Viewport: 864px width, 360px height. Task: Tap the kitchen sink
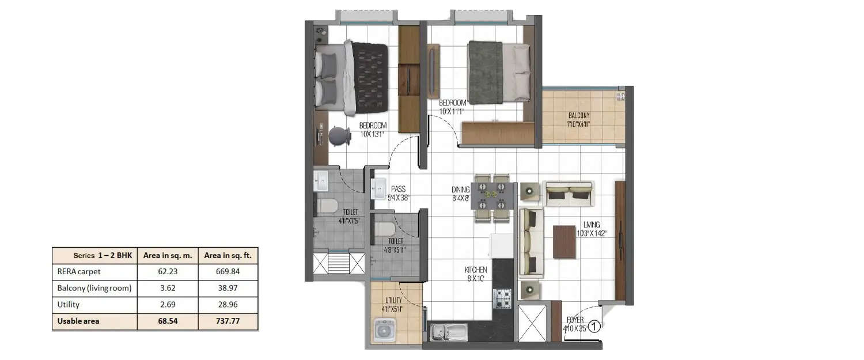click(448, 332)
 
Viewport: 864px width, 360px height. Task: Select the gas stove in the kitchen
click(502, 298)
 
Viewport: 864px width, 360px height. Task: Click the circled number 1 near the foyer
click(595, 327)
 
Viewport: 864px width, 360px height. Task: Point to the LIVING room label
click(591, 225)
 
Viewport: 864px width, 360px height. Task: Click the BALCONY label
click(579, 115)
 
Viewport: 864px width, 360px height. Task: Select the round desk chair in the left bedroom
click(340, 137)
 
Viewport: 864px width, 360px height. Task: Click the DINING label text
click(460, 190)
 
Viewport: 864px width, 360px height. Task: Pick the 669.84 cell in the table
click(228, 272)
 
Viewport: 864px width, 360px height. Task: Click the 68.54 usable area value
click(168, 321)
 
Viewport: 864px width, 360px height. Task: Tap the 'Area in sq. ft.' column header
click(228, 255)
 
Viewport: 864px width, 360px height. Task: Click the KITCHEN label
click(476, 270)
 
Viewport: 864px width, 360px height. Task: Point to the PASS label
click(399, 188)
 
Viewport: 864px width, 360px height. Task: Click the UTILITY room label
click(393, 300)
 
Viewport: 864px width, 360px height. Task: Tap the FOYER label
click(575, 320)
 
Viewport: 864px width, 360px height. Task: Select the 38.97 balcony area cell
click(228, 288)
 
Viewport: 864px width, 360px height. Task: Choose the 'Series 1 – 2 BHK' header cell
click(94, 255)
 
